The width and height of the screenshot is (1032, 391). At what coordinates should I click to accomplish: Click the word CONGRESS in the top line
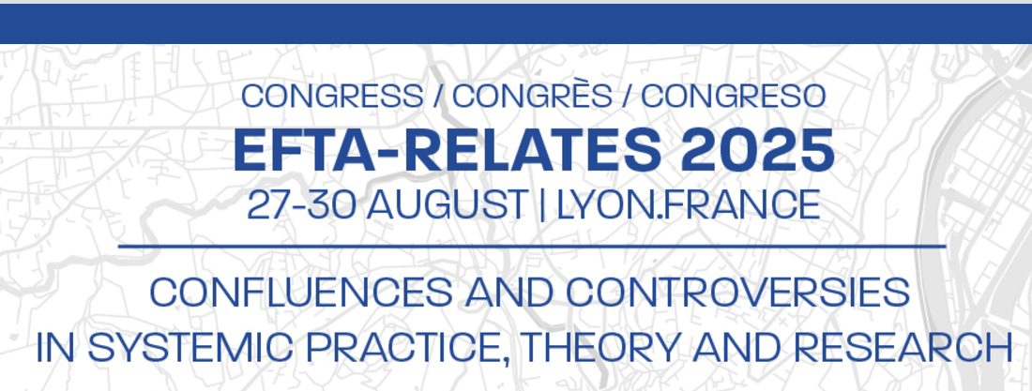(332, 96)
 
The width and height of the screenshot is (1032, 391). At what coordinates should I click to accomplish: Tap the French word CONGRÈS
(532, 94)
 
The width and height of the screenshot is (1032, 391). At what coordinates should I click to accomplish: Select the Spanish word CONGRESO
(734, 96)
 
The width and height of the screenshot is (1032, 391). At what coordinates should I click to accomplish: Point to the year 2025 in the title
(757, 150)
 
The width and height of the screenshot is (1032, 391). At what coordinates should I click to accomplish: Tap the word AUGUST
(447, 205)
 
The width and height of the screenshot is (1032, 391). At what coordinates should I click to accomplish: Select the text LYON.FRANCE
(689, 205)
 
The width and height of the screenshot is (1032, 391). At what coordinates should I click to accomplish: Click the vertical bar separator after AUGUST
(542, 206)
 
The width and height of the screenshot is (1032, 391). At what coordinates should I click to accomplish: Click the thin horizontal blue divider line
(532, 247)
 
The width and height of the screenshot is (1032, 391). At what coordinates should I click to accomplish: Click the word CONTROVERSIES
(737, 293)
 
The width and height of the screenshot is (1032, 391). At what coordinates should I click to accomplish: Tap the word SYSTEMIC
(190, 348)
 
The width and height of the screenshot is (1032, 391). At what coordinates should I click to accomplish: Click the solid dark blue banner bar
(516, 23)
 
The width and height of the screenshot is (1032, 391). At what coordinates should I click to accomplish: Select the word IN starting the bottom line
(55, 348)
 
